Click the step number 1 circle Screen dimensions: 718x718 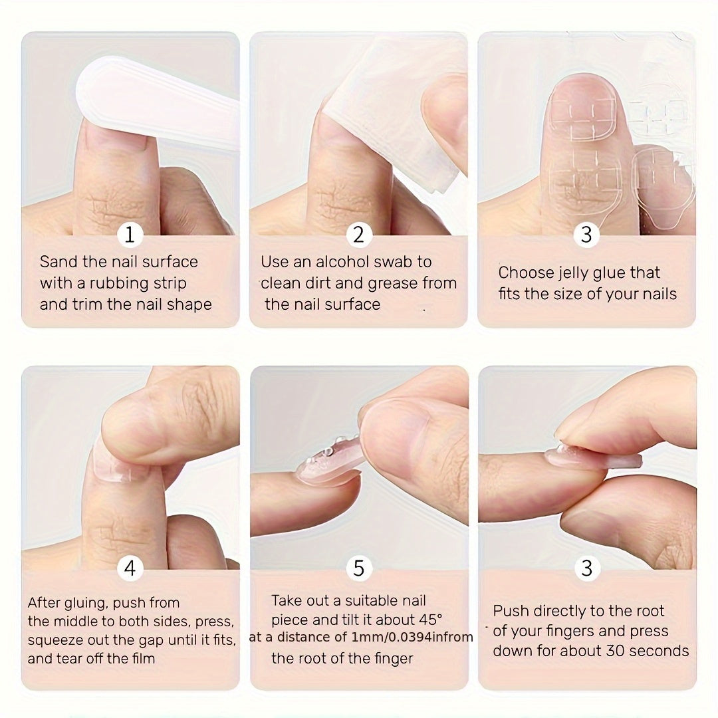(130, 235)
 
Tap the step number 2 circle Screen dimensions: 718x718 (359, 235)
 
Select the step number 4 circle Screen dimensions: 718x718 (130, 568)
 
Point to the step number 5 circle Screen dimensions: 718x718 (359, 568)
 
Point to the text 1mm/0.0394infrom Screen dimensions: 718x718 (412, 638)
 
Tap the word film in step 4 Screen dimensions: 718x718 (141, 659)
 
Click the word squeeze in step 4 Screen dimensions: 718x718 (54, 640)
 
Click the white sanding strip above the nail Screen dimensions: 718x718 (160, 100)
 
